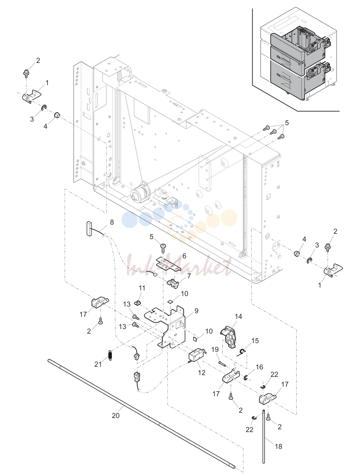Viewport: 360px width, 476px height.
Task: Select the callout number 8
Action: pos(112,222)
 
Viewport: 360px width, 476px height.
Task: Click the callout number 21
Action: pos(98,364)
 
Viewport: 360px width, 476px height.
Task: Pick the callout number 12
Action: pos(202,373)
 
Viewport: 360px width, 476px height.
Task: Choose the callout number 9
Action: pos(196,311)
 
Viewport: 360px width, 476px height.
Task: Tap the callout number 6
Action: pos(184,256)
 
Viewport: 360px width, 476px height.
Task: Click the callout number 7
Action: pos(189,276)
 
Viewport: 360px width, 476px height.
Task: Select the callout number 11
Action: pos(142,288)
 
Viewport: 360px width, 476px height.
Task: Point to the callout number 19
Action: pos(215,349)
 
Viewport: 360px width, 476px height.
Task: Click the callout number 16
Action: pos(259,367)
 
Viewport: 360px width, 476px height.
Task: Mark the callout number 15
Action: pos(255,340)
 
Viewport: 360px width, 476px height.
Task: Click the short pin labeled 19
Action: pos(222,363)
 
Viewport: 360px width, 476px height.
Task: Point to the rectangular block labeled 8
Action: pos(89,228)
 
